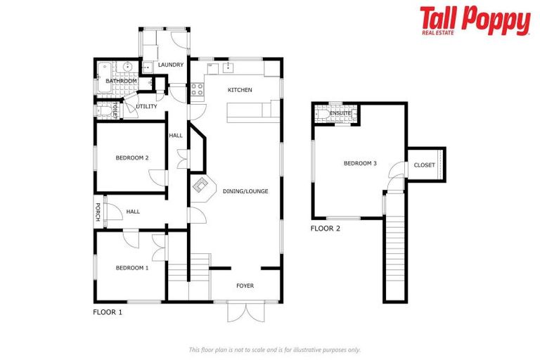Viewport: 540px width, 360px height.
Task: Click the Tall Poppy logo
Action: [475, 20]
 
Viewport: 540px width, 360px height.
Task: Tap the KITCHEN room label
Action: [240, 90]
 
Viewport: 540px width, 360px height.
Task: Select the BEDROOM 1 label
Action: [132, 267]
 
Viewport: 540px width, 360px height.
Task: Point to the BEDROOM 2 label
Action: [132, 158]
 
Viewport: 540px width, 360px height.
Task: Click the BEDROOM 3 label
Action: [360, 164]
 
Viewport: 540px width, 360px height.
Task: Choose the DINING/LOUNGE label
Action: [245, 191]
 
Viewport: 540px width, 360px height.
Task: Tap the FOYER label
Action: [245, 285]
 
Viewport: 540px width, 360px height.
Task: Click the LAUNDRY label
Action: [171, 65]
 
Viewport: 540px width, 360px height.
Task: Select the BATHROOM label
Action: [121, 81]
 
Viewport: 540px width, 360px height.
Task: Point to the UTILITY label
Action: [146, 107]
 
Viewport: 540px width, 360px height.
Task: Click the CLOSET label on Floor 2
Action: [424, 165]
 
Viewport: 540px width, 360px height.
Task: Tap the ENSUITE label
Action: [340, 112]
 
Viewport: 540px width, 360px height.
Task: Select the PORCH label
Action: [98, 212]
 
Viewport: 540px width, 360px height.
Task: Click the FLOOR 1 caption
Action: [108, 311]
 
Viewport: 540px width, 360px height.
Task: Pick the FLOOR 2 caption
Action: [326, 229]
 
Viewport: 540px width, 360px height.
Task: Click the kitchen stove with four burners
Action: [197, 89]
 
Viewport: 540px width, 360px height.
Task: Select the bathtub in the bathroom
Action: [104, 69]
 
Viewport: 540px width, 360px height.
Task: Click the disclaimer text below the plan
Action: [274, 349]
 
